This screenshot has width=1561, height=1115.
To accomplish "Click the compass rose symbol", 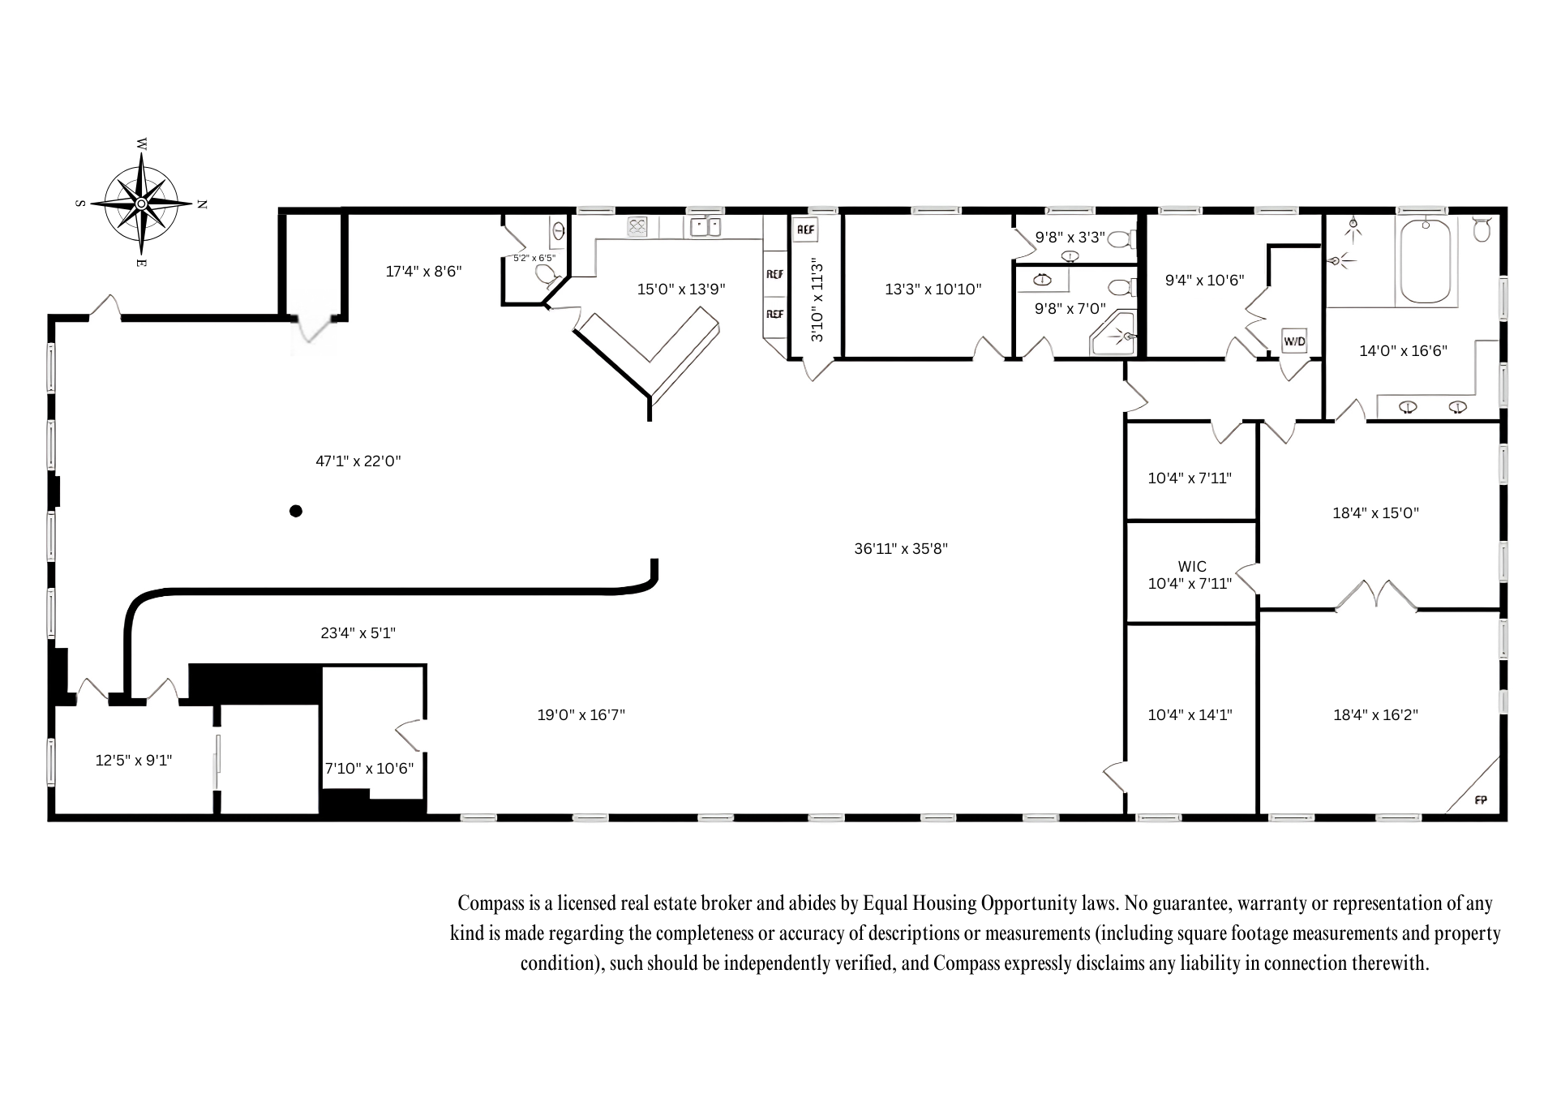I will tap(142, 204).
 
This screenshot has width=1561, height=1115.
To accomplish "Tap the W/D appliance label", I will tap(1294, 341).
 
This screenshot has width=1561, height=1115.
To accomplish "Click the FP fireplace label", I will tap(1481, 800).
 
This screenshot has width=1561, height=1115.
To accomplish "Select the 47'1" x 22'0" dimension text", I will tap(358, 461).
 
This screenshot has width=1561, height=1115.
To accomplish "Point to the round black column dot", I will tap(296, 511).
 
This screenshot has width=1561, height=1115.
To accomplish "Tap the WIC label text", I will tap(1192, 567).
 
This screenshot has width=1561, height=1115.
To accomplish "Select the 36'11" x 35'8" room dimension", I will tap(901, 549).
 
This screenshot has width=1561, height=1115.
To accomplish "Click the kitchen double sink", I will tap(705, 227).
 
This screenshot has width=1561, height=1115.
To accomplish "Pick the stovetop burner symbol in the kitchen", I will tap(637, 227).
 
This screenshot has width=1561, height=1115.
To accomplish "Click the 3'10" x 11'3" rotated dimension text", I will tap(817, 299).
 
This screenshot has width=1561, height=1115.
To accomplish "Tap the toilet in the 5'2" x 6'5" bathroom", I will tap(548, 276).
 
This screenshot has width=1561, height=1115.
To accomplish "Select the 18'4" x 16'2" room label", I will tap(1375, 715).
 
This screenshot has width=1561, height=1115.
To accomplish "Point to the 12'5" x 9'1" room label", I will tap(134, 761).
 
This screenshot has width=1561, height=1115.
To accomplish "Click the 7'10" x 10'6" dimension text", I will tap(370, 769).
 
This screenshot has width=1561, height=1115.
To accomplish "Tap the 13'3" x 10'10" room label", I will tap(933, 289).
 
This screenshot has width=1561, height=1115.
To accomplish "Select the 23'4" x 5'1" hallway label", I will tap(358, 633).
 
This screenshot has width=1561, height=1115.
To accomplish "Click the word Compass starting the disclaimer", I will tap(486, 903).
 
